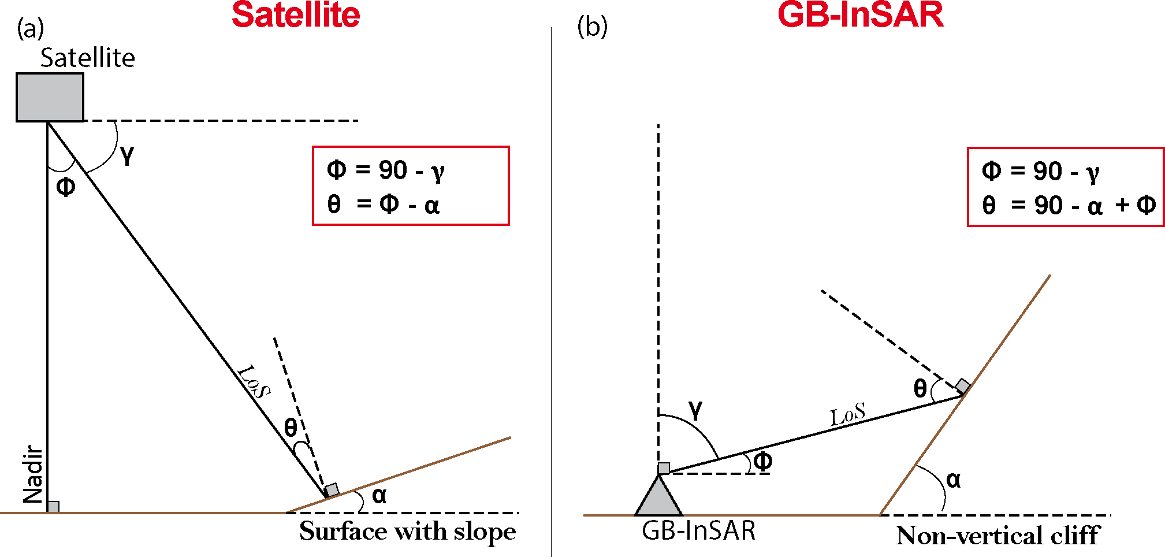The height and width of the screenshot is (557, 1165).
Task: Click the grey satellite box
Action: (x=50, y=97)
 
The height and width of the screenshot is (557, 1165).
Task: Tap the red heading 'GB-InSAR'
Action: (x=860, y=15)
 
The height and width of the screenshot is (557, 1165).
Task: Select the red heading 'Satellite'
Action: (x=296, y=15)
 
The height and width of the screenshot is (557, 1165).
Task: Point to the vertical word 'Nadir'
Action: (x=33, y=474)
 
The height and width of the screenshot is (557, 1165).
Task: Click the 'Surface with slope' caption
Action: (x=407, y=532)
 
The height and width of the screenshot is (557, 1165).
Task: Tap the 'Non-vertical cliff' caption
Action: (x=997, y=536)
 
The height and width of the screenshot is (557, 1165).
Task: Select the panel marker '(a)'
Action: (x=30, y=28)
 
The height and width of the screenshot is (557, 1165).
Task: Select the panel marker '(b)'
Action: (x=592, y=27)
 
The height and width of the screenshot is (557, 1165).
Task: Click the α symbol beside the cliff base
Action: (x=953, y=480)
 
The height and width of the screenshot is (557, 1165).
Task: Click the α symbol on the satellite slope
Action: (x=379, y=495)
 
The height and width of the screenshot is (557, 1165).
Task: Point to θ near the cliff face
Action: (x=920, y=389)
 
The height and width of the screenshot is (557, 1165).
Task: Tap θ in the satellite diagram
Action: (x=291, y=428)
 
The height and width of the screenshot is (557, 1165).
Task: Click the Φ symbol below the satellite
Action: (x=66, y=187)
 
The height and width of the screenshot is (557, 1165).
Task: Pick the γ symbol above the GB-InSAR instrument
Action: (x=695, y=409)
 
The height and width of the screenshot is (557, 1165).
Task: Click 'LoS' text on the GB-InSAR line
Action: (x=847, y=415)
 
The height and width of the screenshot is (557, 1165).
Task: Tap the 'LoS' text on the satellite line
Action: (x=254, y=381)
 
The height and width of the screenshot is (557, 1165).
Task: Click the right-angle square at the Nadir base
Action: (x=53, y=507)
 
